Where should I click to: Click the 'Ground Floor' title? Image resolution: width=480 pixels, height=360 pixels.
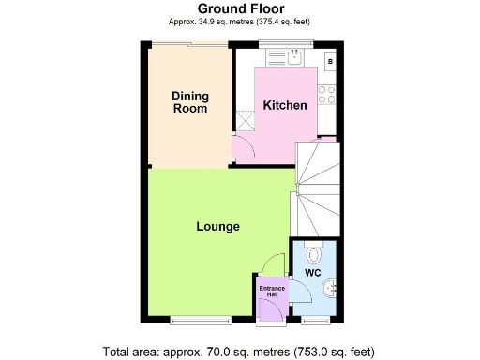[240, 9]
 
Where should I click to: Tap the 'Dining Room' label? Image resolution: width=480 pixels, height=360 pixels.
[189, 102]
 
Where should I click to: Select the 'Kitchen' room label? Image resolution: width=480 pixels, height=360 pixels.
[284, 105]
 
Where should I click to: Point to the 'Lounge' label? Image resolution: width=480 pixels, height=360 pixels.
[217, 227]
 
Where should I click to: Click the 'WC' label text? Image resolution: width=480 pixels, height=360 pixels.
[313, 273]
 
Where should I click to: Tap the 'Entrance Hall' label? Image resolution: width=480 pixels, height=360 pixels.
[272, 292]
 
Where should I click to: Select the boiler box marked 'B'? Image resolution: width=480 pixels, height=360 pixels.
[330, 62]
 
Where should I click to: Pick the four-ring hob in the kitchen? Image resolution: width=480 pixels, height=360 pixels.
[328, 94]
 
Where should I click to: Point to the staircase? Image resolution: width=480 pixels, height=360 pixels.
[316, 187]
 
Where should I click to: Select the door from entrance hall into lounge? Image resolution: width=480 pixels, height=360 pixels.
[274, 264]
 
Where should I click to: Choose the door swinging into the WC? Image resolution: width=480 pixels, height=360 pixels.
[302, 292]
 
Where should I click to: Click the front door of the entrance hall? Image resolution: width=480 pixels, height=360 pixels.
[271, 318]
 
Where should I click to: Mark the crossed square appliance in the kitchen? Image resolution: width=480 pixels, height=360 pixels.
[246, 120]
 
